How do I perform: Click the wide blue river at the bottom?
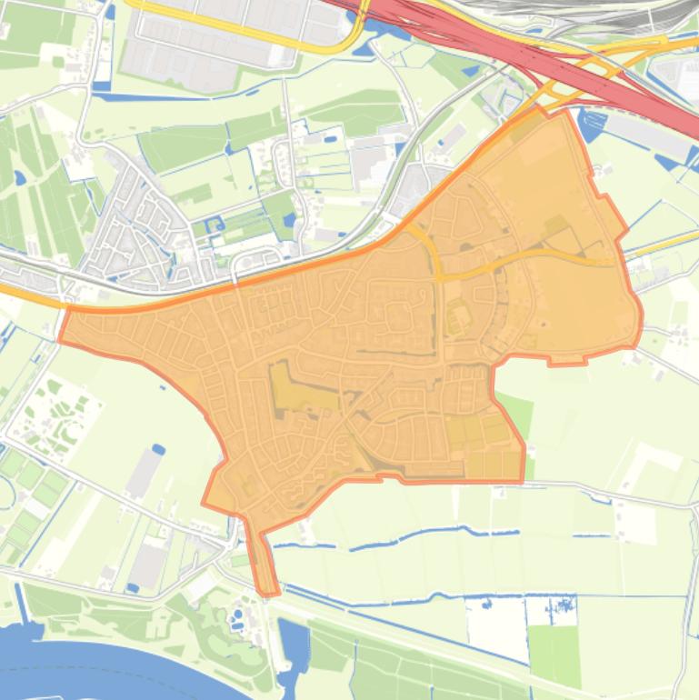(x=109, y=668)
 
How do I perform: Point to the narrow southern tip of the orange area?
(x=266, y=582)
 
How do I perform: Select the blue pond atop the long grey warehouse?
(x=158, y=449)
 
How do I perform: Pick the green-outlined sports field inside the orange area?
(x=457, y=318)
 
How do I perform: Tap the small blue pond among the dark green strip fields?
(x=19, y=177)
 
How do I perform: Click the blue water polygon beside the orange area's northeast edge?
(x=591, y=127)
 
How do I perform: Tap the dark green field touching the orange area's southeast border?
(x=515, y=414)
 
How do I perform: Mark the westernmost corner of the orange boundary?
(x=60, y=340)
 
